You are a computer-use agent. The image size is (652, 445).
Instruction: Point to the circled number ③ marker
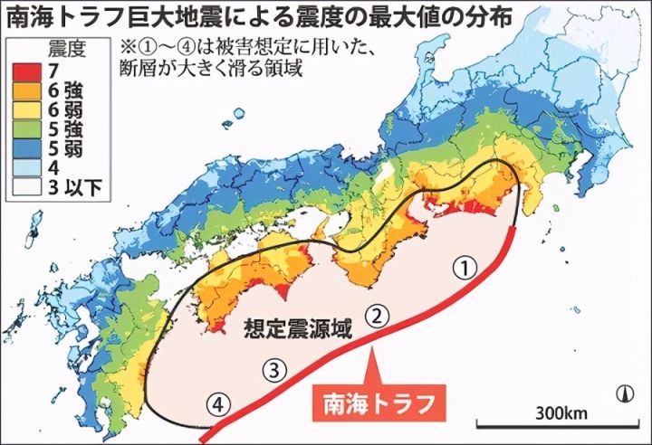[x=274, y=368]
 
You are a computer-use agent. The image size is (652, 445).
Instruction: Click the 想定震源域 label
[x=297, y=330]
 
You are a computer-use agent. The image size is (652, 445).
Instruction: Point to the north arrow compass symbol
[x=624, y=392]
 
